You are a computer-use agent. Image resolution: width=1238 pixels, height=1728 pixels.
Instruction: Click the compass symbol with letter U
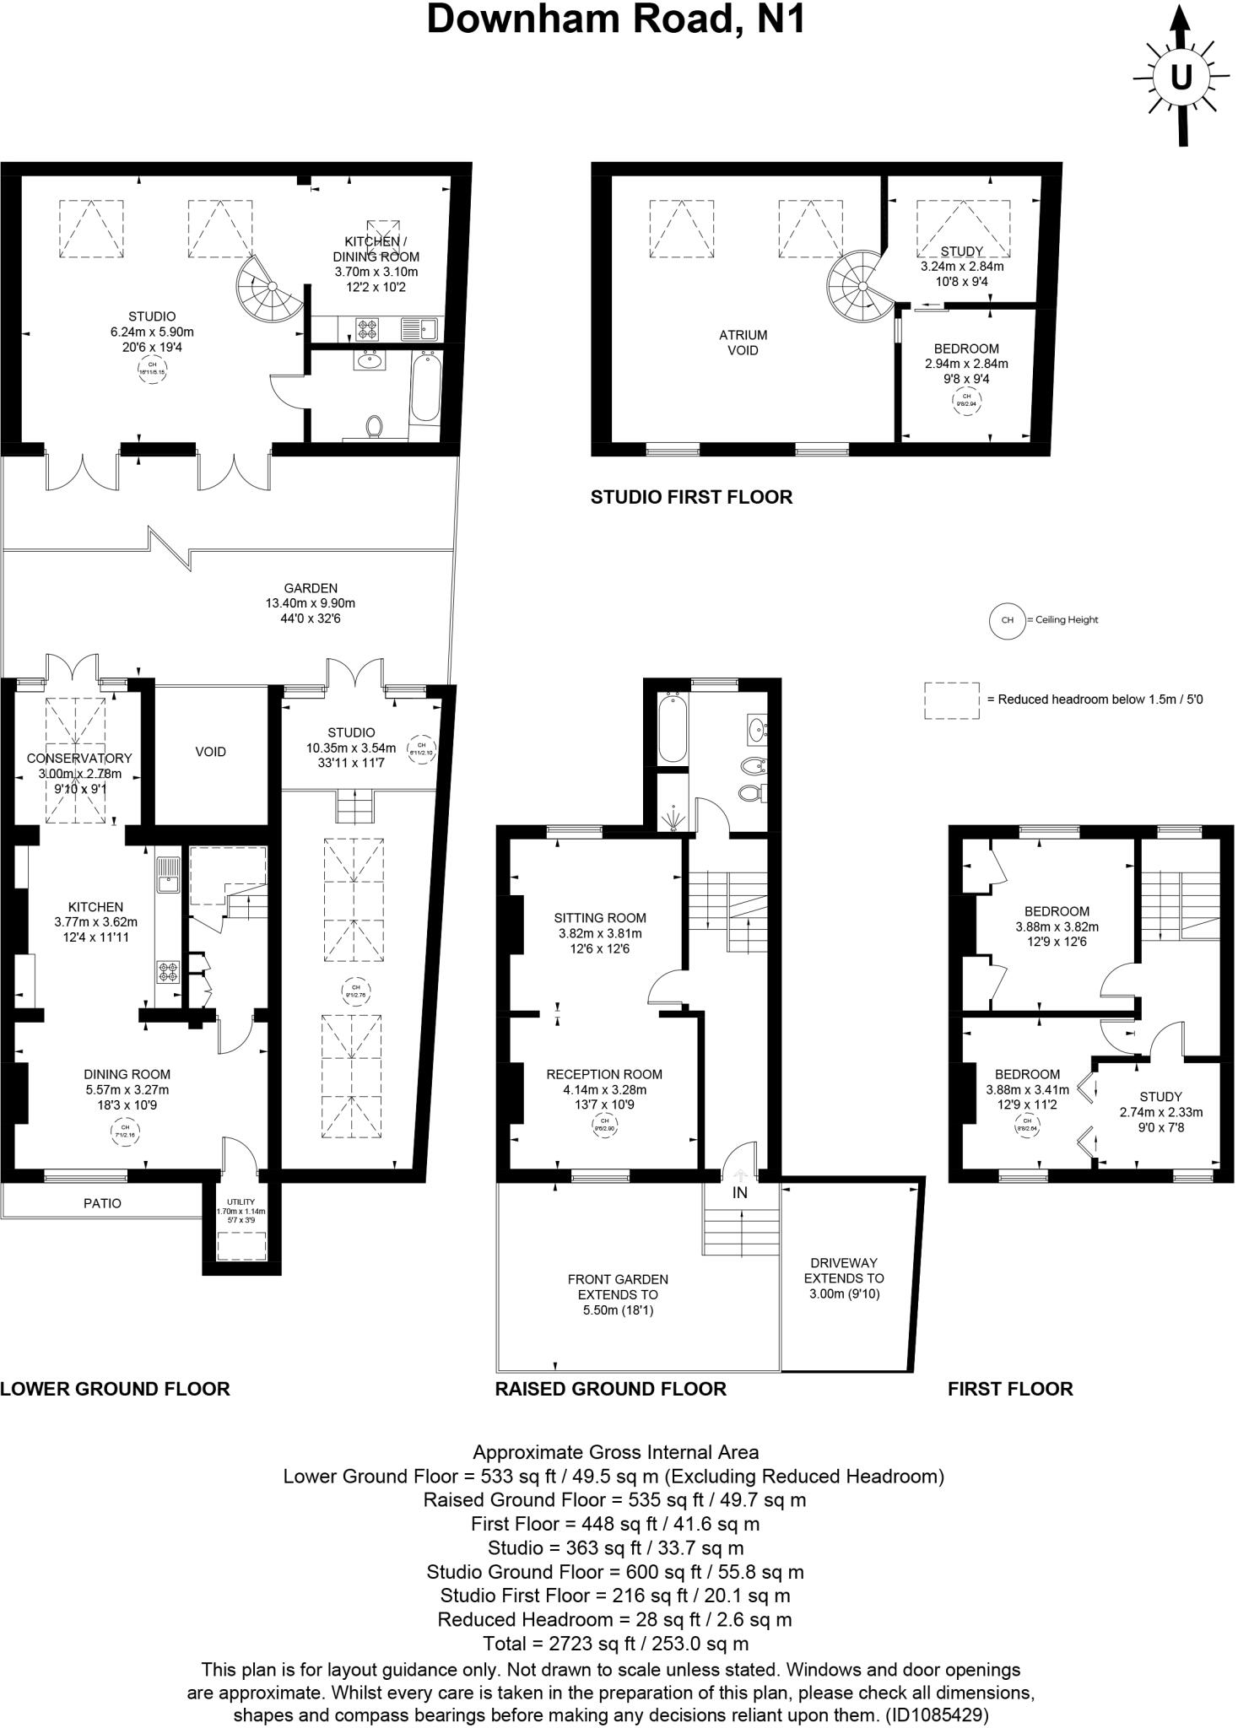click(x=1181, y=77)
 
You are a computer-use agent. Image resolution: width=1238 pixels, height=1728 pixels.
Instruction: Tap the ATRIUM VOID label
click(x=743, y=343)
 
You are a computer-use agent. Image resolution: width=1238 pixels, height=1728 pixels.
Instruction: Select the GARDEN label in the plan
click(x=310, y=589)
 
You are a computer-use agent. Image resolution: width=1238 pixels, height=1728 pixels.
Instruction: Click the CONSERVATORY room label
click(x=78, y=759)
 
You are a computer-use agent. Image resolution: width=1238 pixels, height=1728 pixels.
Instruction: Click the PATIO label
click(x=102, y=1203)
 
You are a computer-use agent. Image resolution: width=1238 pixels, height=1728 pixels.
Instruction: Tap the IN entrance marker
click(x=739, y=1193)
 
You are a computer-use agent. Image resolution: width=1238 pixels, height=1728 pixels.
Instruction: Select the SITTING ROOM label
click(x=599, y=918)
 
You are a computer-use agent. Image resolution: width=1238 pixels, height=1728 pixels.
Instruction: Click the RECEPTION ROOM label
click(x=603, y=1074)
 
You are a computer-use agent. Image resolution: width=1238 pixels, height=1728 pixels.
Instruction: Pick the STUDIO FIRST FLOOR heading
click(x=691, y=497)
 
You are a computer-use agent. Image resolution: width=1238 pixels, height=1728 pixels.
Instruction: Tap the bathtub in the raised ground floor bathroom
click(x=672, y=726)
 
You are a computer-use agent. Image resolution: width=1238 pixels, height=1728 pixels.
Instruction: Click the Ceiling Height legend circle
click(x=1006, y=620)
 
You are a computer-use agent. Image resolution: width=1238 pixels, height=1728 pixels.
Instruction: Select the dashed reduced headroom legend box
click(x=951, y=700)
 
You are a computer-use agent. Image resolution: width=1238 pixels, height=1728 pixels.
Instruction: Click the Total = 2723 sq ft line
click(x=615, y=1644)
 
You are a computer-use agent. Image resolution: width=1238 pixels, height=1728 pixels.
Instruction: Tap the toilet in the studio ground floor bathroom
click(x=373, y=426)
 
